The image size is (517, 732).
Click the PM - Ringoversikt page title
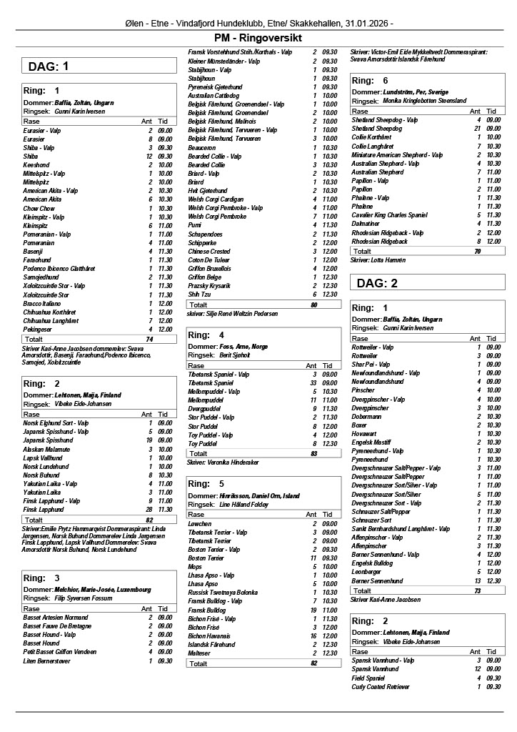[x=258, y=38]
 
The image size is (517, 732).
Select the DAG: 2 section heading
[x=378, y=283]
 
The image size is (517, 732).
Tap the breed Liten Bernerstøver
[x=49, y=661]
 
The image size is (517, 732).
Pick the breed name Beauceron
[x=203, y=147]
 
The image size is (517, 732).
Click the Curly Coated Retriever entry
[x=381, y=687]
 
